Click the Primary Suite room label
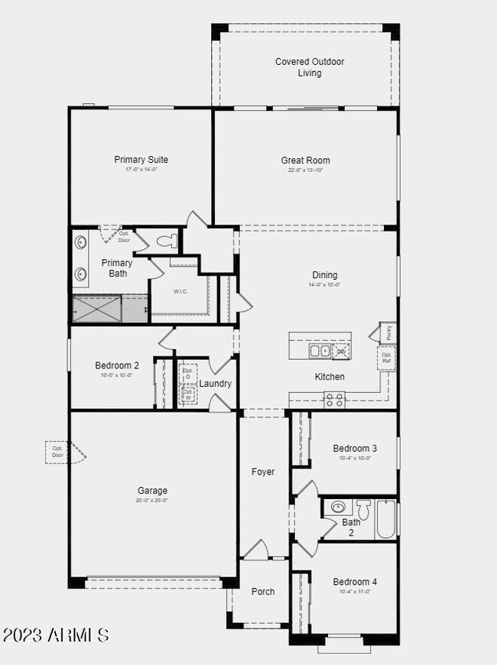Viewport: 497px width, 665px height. [x=141, y=160]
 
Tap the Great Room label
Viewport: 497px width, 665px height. [x=305, y=161]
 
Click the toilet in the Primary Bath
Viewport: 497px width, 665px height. [x=166, y=242]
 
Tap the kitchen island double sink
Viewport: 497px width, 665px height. [x=320, y=351]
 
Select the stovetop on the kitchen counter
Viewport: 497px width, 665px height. [x=334, y=398]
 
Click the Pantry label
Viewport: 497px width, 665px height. [x=388, y=332]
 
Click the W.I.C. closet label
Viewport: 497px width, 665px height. [x=181, y=291]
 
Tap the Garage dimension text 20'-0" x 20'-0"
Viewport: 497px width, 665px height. [x=152, y=501]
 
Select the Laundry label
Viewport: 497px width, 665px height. [x=216, y=384]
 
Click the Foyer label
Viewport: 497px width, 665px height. [x=263, y=472]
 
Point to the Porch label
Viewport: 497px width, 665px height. [x=263, y=592]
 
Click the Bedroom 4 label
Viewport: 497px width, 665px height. [x=355, y=582]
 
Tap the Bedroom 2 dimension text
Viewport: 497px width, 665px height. [x=116, y=375]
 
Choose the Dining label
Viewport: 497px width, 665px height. [x=325, y=275]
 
